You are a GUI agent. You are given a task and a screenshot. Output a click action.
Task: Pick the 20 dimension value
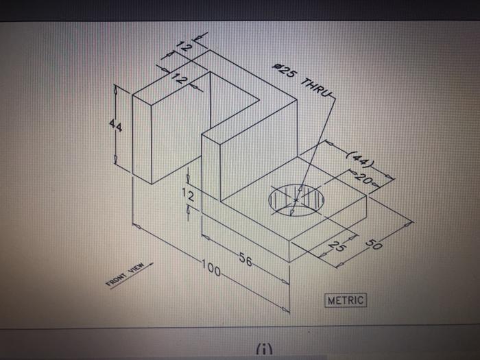pyautogui.click(x=366, y=180)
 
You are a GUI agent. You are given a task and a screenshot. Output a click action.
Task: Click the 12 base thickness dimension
pyautogui.click(x=187, y=197)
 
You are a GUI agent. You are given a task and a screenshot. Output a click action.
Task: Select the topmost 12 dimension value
pyautogui.click(x=182, y=47)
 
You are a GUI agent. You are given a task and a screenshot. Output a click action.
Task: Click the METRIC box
pyautogui.click(x=347, y=300)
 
